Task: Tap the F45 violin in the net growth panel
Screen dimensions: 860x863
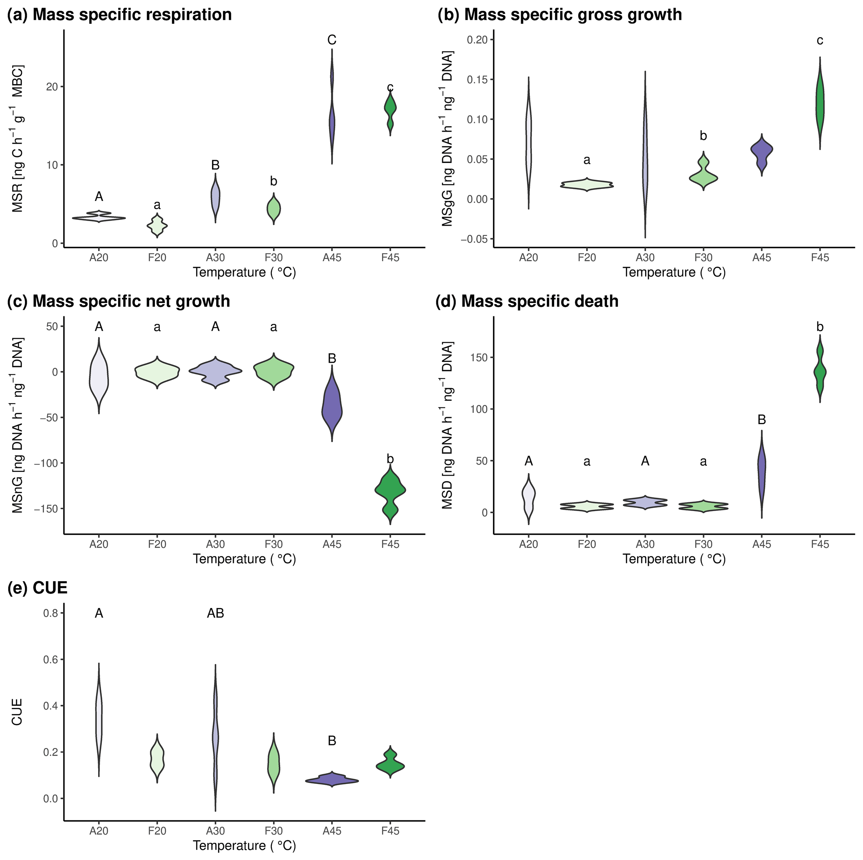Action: (390, 492)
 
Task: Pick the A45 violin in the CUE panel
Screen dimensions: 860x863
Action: (332, 780)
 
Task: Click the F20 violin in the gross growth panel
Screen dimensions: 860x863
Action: (587, 184)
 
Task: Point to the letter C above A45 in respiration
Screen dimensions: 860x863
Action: (332, 40)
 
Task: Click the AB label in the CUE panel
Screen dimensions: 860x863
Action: (215, 613)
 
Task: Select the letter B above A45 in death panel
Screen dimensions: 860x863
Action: (762, 420)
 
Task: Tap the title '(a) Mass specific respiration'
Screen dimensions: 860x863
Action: (120, 15)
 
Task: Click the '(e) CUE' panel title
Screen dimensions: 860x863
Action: (38, 588)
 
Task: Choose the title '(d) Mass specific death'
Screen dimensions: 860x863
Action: (527, 301)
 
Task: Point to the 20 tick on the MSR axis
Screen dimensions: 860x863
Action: (52, 87)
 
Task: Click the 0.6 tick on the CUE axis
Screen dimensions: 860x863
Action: (51, 660)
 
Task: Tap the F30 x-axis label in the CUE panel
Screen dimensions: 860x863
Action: (273, 831)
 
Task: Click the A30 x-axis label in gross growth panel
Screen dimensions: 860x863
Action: (645, 257)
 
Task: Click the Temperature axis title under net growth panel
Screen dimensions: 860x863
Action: (244, 559)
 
